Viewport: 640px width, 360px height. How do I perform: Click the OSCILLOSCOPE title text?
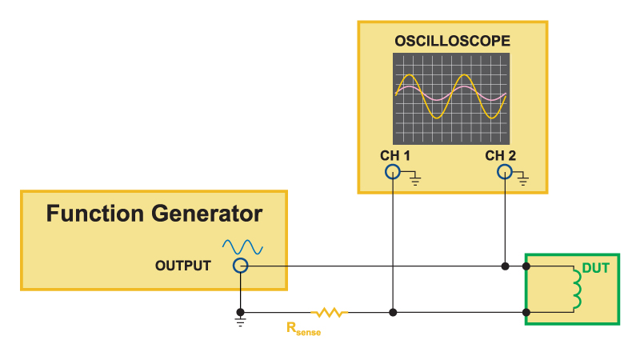point(452,41)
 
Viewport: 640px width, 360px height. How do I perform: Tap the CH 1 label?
point(394,155)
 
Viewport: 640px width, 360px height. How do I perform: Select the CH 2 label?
point(501,155)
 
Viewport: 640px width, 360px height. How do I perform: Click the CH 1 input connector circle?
point(393,172)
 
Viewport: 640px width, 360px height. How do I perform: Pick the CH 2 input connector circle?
point(505,172)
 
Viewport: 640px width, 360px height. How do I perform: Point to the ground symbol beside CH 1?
point(415,178)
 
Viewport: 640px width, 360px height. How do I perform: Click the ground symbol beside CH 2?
point(523,178)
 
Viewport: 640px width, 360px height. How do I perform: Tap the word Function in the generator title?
point(94,214)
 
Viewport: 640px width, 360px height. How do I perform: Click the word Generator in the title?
point(206,214)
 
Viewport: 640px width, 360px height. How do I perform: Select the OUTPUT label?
point(183,266)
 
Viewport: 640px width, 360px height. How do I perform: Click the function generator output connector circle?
point(241,266)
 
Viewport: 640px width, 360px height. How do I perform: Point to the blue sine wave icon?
point(242,247)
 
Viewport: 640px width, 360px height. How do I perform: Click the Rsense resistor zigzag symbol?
point(330,313)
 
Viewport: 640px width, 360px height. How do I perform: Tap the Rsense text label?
point(303,329)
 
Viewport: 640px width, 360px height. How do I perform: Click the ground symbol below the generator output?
point(241,322)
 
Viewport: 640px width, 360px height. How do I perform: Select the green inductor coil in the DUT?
point(577,289)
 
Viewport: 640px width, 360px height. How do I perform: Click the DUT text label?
point(595,268)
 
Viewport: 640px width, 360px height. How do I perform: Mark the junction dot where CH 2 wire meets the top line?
point(506,266)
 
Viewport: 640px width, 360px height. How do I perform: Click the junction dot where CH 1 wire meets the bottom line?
point(393,313)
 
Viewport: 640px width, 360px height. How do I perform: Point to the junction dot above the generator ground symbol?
point(241,312)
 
